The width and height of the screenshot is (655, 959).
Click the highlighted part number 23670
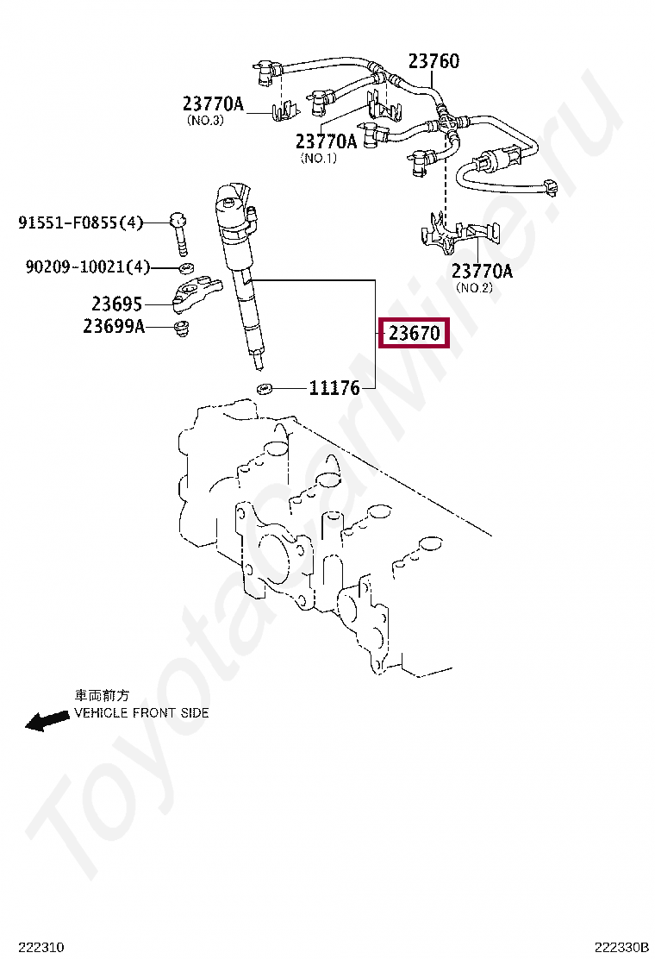tap(415, 333)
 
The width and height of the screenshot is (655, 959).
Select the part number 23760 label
tap(433, 61)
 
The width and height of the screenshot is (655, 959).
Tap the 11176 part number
tap(334, 388)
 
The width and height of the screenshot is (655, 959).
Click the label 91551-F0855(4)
tap(80, 223)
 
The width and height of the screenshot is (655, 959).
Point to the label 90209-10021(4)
tap(87, 267)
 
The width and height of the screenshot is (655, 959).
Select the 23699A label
tap(114, 327)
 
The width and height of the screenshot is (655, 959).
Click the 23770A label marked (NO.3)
tap(213, 104)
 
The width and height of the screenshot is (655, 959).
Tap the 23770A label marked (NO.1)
tap(326, 141)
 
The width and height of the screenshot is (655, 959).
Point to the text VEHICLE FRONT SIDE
tap(141, 713)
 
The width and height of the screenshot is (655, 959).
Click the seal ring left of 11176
tap(265, 388)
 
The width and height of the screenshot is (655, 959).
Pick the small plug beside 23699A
tap(182, 329)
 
